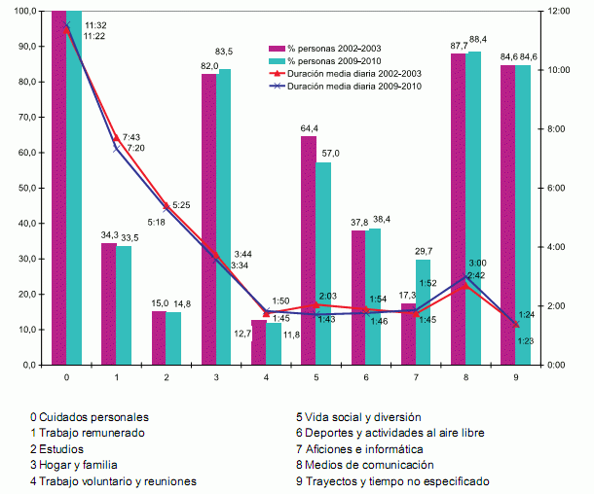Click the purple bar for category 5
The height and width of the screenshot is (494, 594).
click(x=308, y=250)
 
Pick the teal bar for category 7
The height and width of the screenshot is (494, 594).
click(x=423, y=311)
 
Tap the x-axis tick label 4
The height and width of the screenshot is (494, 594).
click(x=267, y=375)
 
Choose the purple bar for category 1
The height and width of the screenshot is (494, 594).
click(x=109, y=302)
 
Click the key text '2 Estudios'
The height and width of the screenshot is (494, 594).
click(x=56, y=449)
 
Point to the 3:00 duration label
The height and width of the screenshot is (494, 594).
click(x=477, y=263)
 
